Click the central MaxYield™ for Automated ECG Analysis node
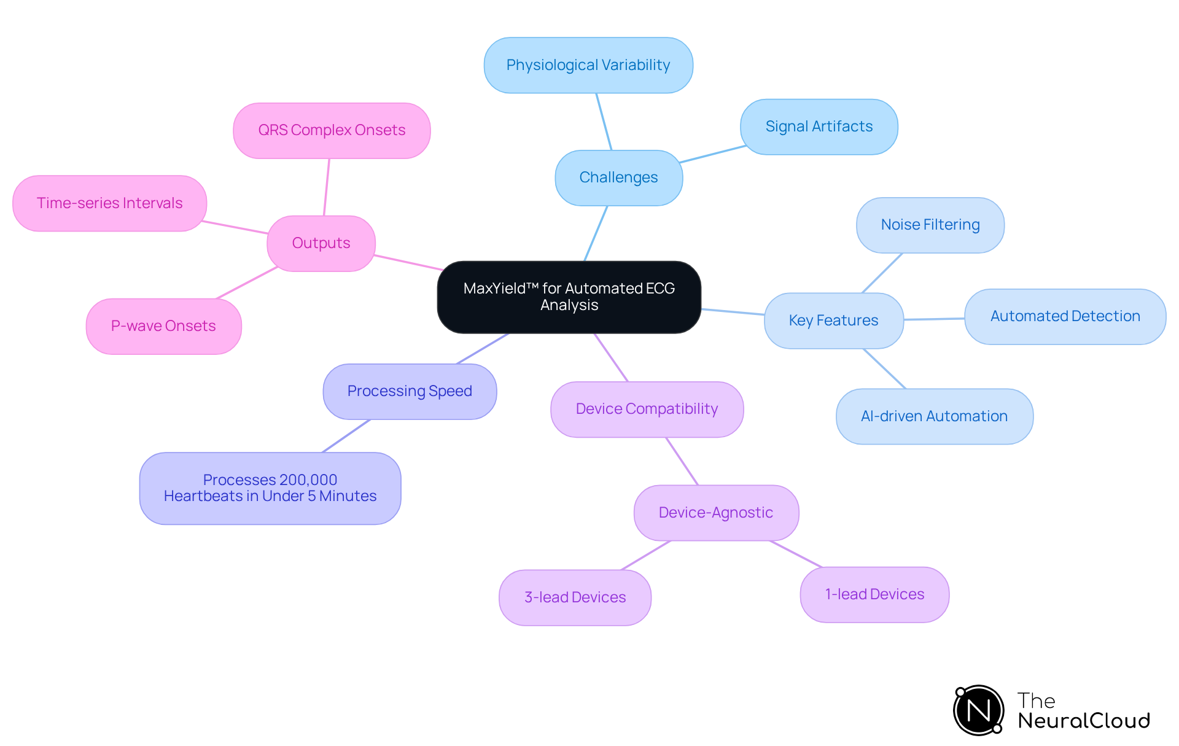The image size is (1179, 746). point(569,297)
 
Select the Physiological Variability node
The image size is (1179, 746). point(588,65)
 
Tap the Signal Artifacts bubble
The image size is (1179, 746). point(819,126)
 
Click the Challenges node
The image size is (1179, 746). point(618,177)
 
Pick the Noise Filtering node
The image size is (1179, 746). point(930,225)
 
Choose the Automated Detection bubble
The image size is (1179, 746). point(1065,316)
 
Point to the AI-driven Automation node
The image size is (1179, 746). point(934,416)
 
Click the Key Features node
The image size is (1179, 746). point(833,321)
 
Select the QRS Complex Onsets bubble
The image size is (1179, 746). point(332,130)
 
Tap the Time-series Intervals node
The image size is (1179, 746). point(109,203)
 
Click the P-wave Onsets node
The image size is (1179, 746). point(163,326)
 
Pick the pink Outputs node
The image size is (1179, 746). point(321,243)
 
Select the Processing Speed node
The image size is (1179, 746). point(410,391)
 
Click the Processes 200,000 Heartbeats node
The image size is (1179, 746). point(270,488)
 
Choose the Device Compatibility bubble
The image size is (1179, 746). point(647,409)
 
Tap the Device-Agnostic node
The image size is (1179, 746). point(716,513)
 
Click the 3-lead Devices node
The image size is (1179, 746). point(575,597)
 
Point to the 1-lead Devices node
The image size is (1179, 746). point(874,594)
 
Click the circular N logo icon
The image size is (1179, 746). point(978,710)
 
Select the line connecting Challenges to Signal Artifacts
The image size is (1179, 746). point(712,154)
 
